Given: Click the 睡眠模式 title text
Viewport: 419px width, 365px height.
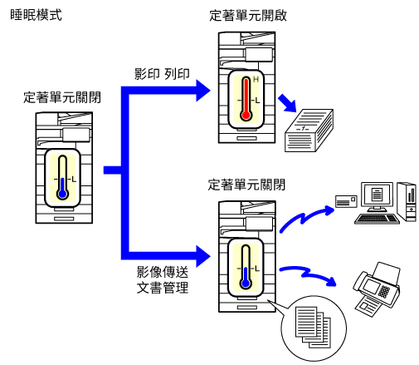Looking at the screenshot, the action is (x=36, y=15).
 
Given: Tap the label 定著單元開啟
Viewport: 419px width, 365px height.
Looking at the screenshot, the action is (x=248, y=16).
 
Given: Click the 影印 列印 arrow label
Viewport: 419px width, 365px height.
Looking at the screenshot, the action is (x=162, y=74).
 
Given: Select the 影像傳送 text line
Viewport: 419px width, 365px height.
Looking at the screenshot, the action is (x=163, y=272).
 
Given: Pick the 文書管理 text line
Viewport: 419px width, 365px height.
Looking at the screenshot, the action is (x=163, y=288).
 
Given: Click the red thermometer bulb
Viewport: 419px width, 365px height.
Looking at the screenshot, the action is (x=246, y=115).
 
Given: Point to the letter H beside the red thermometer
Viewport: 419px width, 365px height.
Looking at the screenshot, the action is (x=256, y=80).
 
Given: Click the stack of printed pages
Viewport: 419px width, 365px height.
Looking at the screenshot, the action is (x=309, y=131).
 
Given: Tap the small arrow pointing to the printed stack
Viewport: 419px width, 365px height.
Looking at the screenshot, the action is (x=288, y=103).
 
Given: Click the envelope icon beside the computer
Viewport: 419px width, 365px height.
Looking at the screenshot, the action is (x=346, y=201).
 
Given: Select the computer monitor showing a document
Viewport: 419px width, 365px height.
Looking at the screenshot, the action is (x=377, y=195).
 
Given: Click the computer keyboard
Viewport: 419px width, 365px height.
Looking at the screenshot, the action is (x=377, y=219).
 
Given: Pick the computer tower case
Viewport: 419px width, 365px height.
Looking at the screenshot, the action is (x=407, y=201).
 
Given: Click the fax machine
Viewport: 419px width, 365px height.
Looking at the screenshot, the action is (x=377, y=289).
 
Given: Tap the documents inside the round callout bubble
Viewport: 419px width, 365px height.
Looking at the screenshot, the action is (x=313, y=328).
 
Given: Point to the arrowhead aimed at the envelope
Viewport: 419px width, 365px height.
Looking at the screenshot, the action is (x=329, y=210).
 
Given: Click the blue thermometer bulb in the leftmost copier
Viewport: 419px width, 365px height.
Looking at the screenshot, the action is (x=63, y=194).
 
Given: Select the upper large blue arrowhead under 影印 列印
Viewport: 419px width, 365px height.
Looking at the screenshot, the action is (x=203, y=91).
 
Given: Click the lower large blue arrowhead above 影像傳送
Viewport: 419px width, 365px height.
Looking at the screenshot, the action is (x=203, y=256).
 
